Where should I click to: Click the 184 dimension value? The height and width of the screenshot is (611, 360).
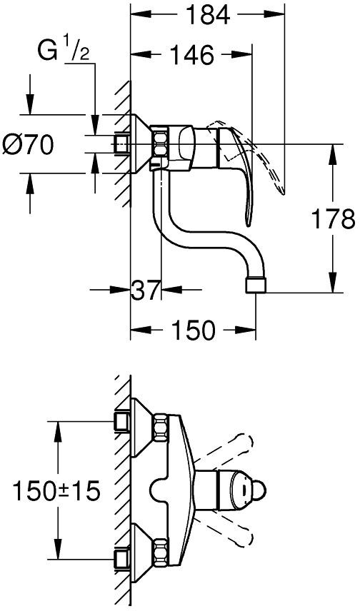(x=207, y=16)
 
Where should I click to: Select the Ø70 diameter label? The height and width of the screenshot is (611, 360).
(x=28, y=145)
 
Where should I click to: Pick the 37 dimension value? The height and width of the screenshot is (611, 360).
(x=146, y=290)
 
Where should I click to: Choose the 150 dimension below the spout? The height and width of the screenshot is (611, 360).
(x=193, y=330)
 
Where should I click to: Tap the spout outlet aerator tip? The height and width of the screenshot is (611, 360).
(x=256, y=285)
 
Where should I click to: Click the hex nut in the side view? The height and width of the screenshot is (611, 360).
(x=159, y=144)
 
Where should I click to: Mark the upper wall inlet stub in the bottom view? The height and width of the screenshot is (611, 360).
(x=122, y=422)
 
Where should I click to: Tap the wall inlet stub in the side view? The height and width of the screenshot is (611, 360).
(x=121, y=143)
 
